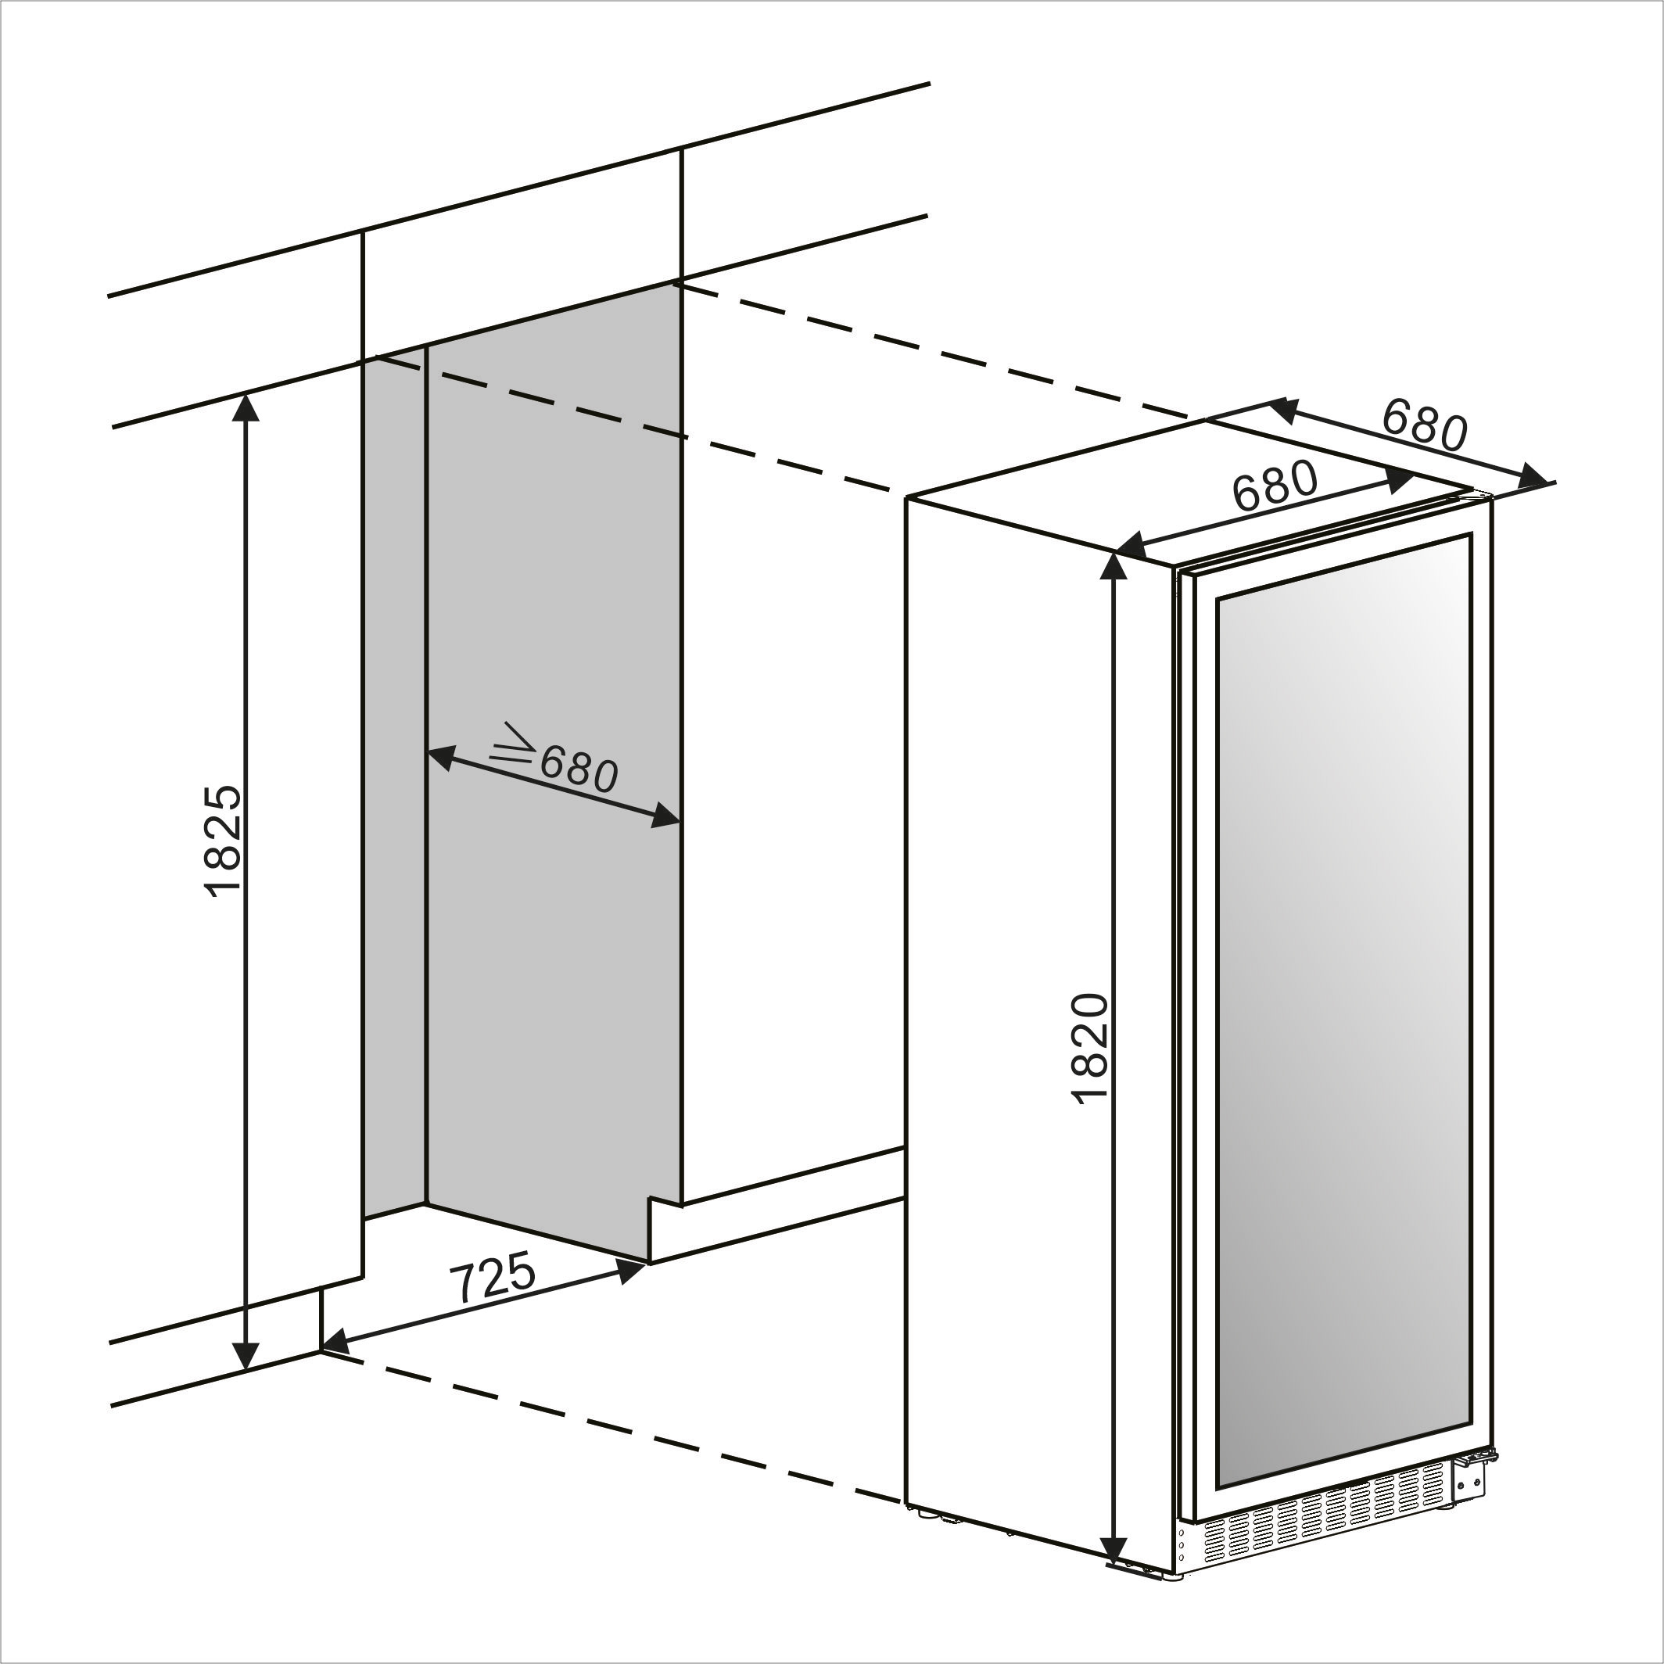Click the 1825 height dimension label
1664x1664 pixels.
(x=223, y=841)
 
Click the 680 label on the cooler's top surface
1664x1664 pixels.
(x=1275, y=486)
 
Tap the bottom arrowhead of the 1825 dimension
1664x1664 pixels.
(x=247, y=1356)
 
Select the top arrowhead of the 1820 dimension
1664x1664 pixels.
(x=1114, y=568)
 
